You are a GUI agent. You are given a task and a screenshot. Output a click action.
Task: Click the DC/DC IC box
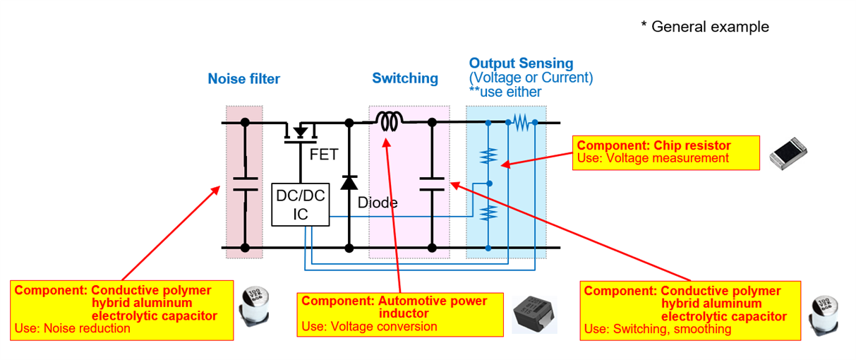(301, 205)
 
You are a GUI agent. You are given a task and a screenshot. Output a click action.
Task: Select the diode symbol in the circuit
(349, 181)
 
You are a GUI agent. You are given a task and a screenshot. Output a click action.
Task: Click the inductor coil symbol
(387, 123)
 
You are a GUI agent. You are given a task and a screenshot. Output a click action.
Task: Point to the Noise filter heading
(243, 79)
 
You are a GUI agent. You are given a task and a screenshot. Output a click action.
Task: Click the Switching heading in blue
(405, 78)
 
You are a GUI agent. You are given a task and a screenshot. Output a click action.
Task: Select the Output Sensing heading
(521, 64)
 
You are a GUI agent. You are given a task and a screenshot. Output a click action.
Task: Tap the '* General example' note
(704, 27)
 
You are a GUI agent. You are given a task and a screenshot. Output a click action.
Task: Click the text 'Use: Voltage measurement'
(653, 159)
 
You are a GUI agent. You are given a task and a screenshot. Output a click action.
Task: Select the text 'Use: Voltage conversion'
(369, 327)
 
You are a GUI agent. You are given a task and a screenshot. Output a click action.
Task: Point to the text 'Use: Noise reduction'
(72, 328)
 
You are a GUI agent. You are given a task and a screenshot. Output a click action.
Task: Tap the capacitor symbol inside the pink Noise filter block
(245, 184)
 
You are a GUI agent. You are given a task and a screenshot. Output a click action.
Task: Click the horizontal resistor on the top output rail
(522, 123)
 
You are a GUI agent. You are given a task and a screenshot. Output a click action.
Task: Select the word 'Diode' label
(377, 203)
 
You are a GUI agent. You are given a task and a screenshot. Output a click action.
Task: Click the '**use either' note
(505, 92)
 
